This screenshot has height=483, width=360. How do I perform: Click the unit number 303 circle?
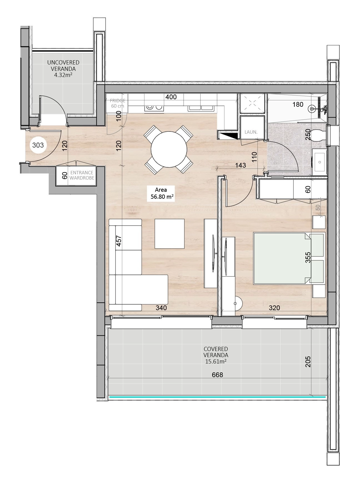38,145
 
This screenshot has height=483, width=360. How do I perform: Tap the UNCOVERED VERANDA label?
63,69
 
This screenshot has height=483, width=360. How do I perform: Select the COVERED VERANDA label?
216,355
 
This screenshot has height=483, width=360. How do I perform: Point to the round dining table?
169,149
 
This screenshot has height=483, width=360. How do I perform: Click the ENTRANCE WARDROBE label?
82,175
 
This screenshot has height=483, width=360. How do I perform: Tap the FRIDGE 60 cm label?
117,103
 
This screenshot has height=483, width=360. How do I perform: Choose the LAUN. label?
251,132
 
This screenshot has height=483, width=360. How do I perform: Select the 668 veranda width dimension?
217,375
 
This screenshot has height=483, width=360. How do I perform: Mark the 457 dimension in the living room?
119,241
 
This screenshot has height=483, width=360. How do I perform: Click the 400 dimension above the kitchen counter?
171,97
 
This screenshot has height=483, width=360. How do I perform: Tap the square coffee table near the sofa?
170,234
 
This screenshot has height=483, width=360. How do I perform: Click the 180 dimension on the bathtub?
298,104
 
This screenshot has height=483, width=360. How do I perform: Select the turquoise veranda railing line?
217,397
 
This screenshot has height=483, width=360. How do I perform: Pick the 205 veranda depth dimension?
308,362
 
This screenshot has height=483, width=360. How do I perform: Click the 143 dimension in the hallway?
240,165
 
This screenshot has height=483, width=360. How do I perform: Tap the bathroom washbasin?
319,162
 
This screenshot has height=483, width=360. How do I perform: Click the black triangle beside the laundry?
229,136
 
